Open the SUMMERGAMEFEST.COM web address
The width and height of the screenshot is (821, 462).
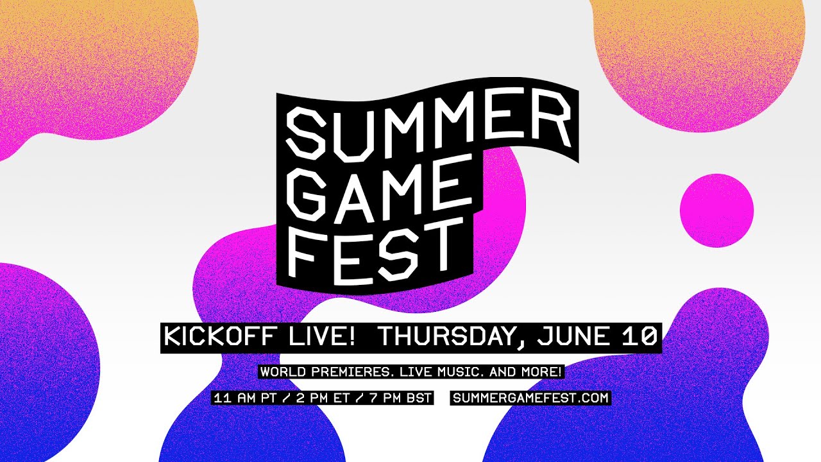(530, 398)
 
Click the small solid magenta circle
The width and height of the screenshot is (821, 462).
(716, 210)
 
